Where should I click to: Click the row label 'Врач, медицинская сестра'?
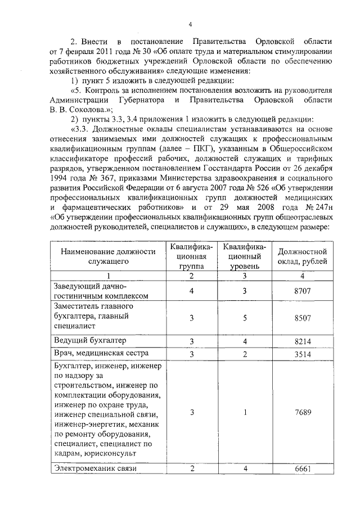101,353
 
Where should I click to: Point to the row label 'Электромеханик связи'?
95,468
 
